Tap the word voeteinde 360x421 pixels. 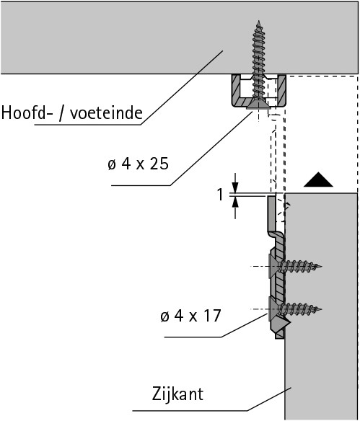coord(106,112)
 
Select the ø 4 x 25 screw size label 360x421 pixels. coord(138,164)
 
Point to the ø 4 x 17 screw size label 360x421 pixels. coord(190,316)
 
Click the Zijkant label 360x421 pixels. coord(177,394)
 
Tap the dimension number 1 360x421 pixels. coord(220,194)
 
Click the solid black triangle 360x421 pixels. coord(318,180)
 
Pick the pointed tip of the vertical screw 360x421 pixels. coord(259,22)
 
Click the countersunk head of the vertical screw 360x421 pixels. coord(258,105)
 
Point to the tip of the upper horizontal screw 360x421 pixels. coord(321,266)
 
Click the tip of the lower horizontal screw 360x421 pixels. coord(321,309)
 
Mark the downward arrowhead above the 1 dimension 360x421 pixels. coord(235,187)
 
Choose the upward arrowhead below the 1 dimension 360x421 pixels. coord(235,202)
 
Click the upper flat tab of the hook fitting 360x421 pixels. coord(271,213)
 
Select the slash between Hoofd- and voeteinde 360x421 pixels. coord(61,113)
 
